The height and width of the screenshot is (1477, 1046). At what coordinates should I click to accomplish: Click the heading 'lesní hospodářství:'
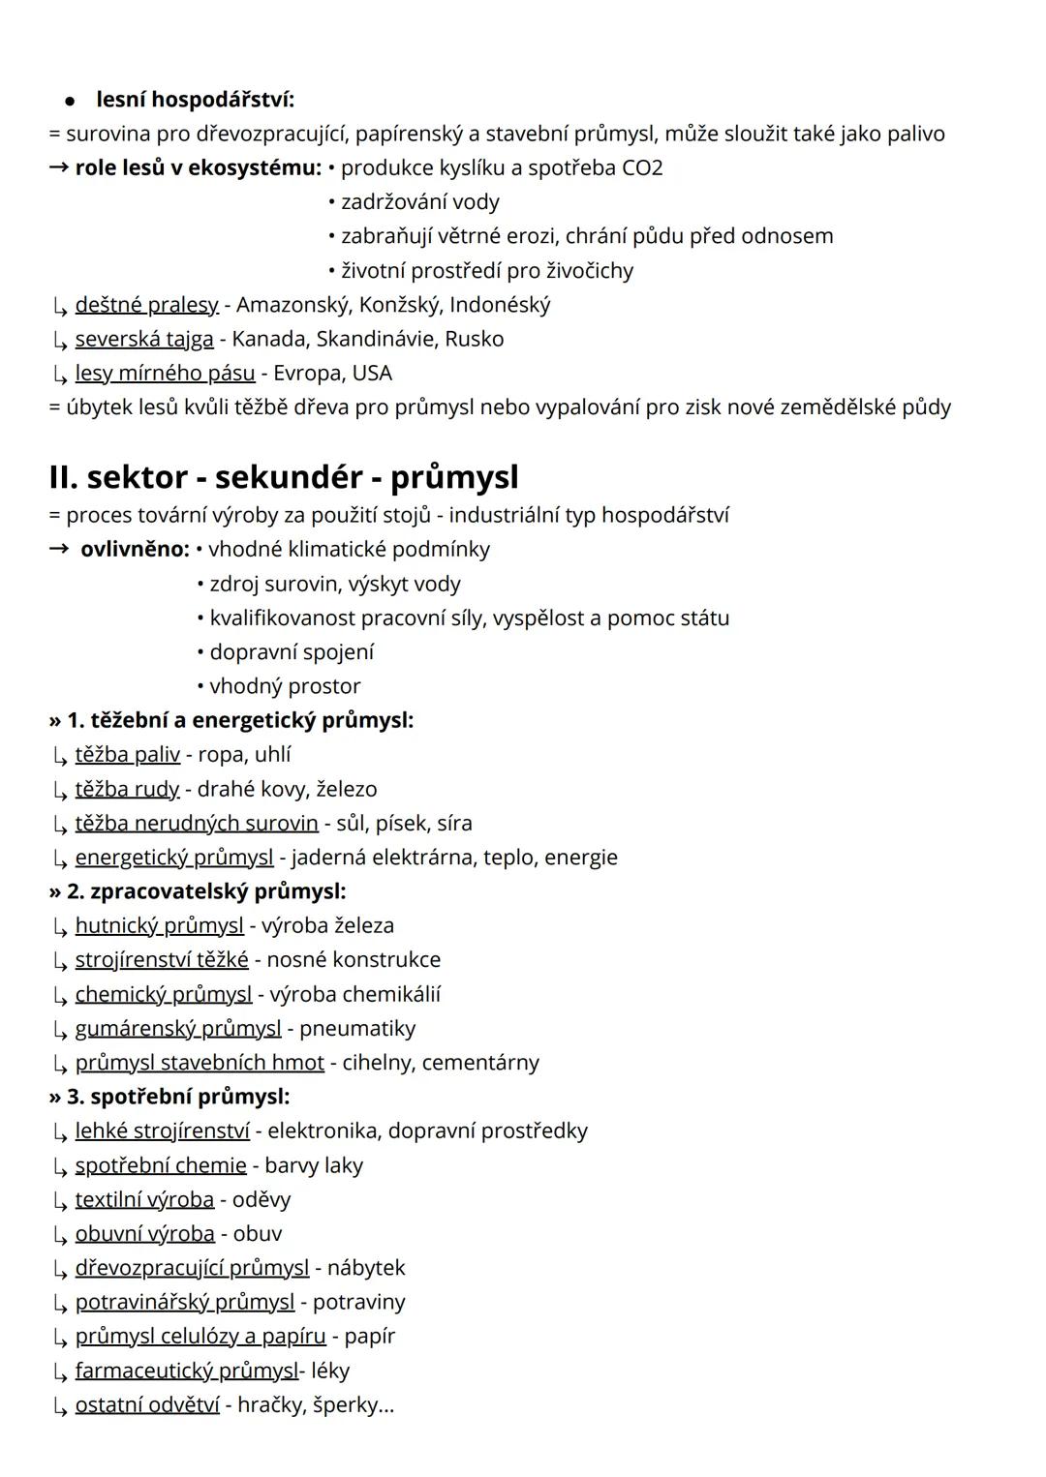point(195,100)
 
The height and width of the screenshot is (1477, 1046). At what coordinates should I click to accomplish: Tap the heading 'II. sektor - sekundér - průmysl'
point(284,477)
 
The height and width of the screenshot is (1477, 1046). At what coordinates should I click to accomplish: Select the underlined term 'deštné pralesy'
point(147,305)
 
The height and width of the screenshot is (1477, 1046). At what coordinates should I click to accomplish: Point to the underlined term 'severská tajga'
point(144,339)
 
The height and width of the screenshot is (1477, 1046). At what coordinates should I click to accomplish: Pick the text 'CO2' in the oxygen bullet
point(642,168)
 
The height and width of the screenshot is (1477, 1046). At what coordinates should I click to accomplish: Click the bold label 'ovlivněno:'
point(135,550)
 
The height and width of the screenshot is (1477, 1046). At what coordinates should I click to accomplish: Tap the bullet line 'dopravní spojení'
point(291,652)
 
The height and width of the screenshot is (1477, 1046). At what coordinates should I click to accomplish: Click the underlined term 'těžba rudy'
point(127,789)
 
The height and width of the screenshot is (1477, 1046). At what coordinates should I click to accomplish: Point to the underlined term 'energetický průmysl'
point(174,858)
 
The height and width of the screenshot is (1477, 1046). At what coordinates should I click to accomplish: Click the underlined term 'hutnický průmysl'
point(160,926)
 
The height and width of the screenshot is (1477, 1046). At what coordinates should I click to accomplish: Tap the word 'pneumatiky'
point(357,1028)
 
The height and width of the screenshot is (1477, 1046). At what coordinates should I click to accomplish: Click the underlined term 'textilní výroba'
point(144,1200)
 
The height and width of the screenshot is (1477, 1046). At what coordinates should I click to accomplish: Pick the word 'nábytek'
point(366,1268)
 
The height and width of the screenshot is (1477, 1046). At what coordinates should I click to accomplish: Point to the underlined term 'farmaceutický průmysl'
point(187,1371)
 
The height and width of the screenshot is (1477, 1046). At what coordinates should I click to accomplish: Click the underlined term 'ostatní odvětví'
point(147,1404)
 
